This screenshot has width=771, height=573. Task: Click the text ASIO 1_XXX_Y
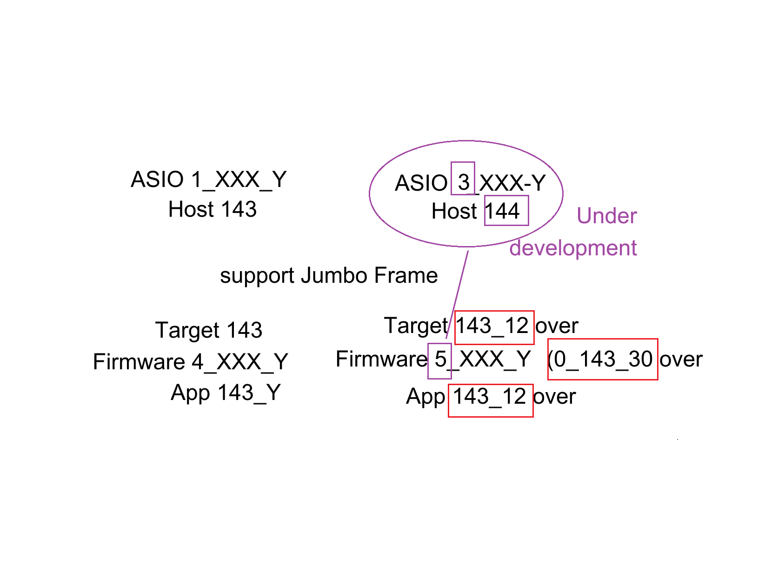pos(208,180)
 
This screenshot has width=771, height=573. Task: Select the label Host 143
pos(212,209)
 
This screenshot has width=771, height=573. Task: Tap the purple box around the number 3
pos(463,178)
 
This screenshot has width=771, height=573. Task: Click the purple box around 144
pos(506,211)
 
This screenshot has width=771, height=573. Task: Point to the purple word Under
pos(606,216)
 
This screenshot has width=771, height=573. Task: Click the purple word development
pos(573,248)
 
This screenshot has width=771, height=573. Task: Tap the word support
pos(257,276)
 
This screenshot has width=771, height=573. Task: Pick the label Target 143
pos(209,330)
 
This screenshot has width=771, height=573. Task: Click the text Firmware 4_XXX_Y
pos(191,362)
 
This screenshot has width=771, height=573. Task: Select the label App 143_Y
pos(226,393)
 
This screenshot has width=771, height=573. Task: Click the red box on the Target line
pos(494,327)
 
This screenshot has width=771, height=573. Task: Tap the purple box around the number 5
pos(439,361)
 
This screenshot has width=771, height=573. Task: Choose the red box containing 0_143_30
pos(603,359)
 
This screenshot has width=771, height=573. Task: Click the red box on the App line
pos(491,400)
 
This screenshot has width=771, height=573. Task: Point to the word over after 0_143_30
pos(681,360)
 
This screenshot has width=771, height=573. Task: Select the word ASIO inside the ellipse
pos(421,183)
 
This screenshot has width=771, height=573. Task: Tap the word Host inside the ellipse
pos(454,211)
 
